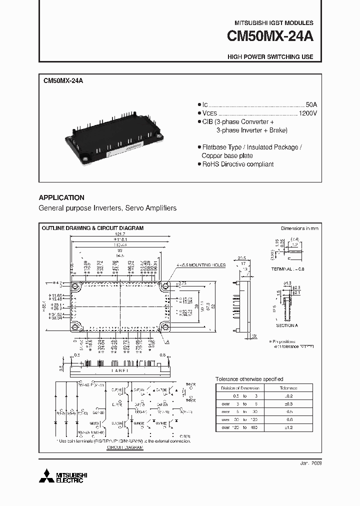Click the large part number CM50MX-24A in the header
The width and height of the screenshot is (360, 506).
(270, 37)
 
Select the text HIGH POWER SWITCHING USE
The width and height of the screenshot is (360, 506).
(270, 57)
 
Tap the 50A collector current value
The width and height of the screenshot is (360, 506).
(311, 104)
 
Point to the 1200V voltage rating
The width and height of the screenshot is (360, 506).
(307, 113)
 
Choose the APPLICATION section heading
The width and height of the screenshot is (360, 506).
(61, 197)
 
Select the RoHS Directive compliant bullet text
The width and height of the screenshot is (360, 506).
(237, 164)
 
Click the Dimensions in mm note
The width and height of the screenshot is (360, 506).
(299, 228)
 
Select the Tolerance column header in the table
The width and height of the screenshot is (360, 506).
(288, 388)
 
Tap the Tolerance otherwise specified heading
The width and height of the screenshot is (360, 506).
(249, 379)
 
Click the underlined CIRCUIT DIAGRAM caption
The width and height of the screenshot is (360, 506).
(125, 448)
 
